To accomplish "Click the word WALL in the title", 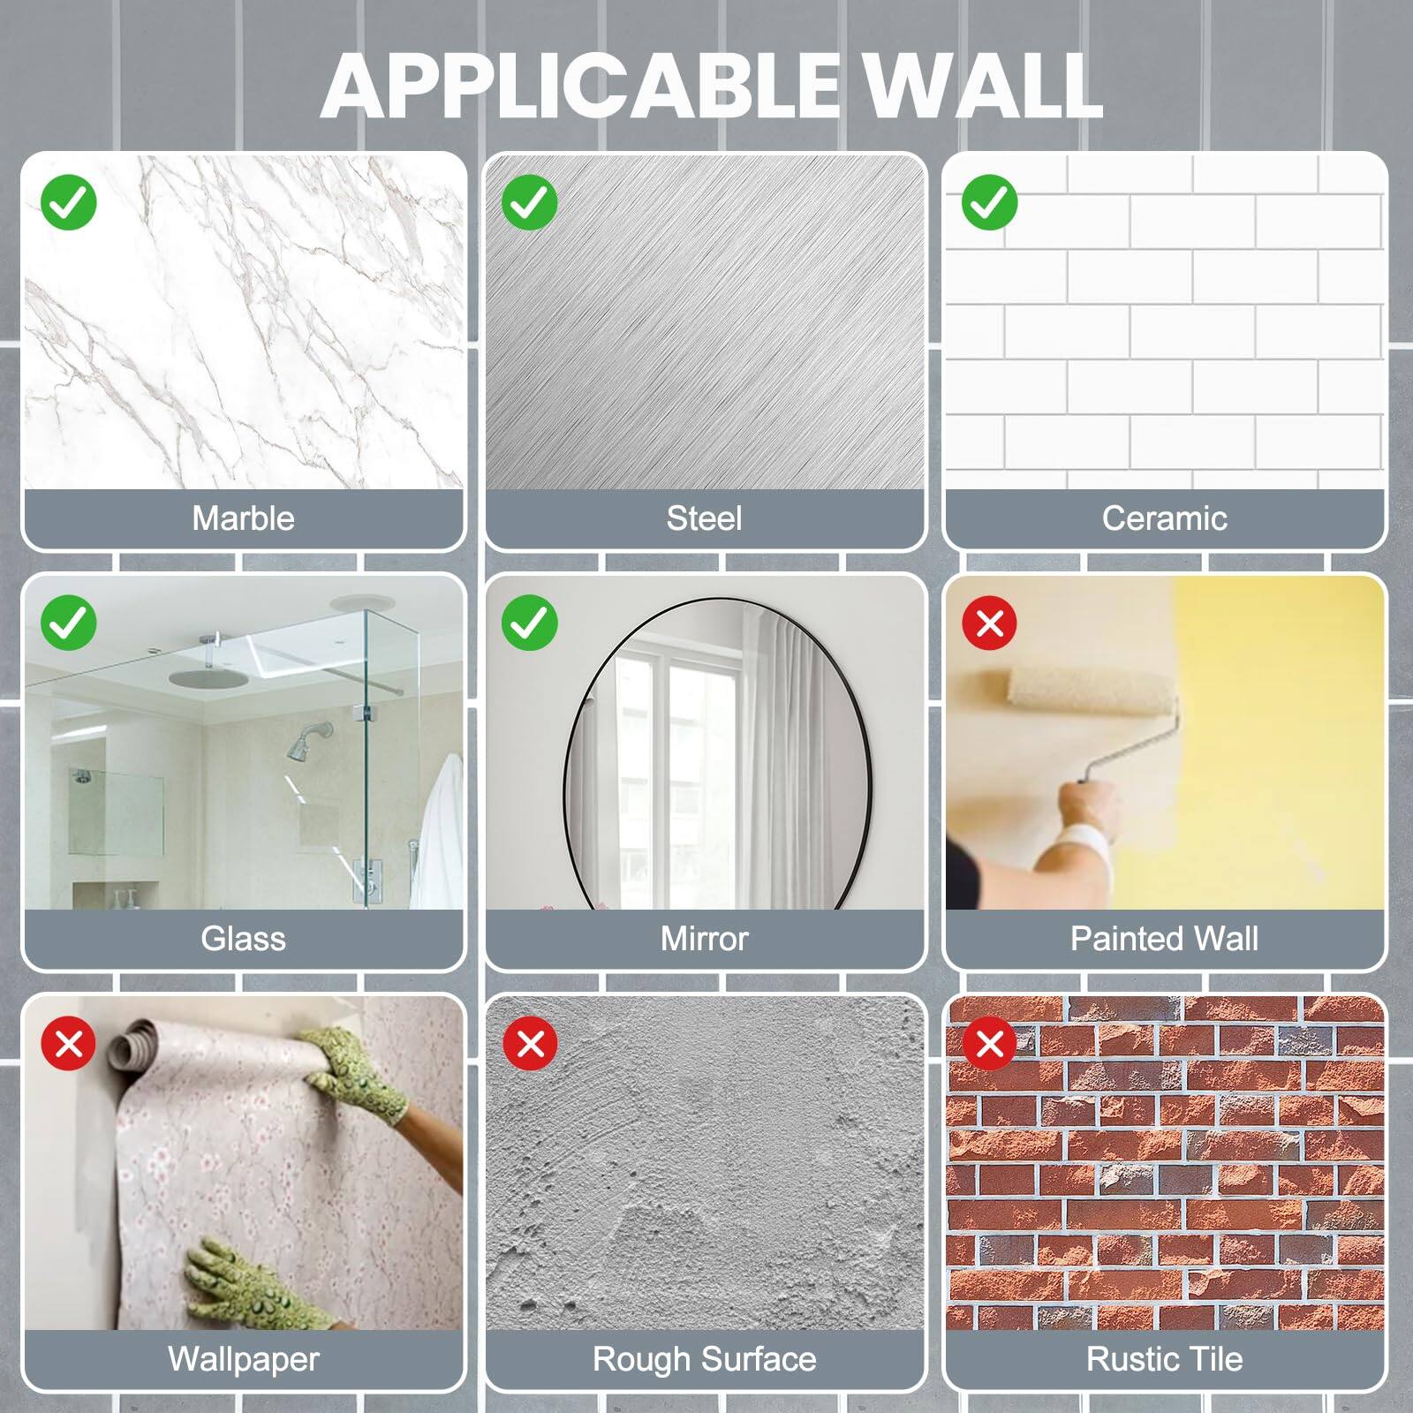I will click(981, 86).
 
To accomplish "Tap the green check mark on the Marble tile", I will click(69, 202).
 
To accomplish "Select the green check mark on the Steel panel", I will click(530, 202).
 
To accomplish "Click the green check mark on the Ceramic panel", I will click(990, 202).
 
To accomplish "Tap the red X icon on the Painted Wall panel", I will click(990, 623).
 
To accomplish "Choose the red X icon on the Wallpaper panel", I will click(69, 1044).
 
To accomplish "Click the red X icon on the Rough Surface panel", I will click(530, 1044).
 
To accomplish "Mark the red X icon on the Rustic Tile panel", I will click(990, 1044).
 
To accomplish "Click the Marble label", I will click(243, 518).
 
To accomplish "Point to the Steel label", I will click(704, 518).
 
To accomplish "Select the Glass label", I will click(243, 939).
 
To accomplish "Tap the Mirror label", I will click(704, 939).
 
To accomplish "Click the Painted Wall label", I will click(1164, 939).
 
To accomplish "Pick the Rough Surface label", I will click(704, 1359).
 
